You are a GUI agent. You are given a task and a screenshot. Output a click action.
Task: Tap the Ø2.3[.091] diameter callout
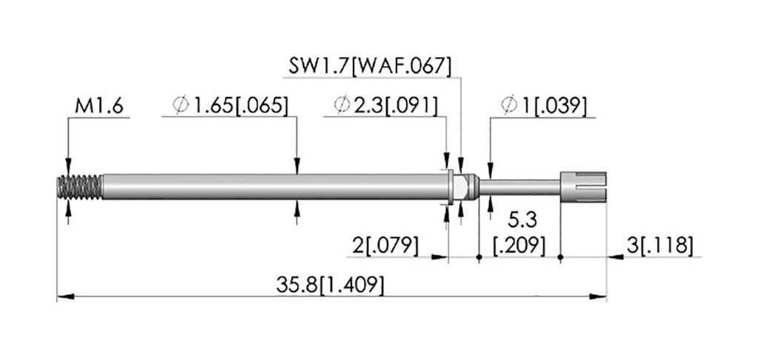click(385, 105)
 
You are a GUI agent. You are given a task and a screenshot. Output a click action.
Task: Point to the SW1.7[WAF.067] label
click(370, 66)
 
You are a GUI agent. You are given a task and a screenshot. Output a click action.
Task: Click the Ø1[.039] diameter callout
click(543, 105)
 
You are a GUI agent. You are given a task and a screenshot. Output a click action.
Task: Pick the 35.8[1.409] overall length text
click(330, 285)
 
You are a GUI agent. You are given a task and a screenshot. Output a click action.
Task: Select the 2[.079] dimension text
click(385, 246)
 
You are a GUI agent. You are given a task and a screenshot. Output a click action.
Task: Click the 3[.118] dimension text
click(660, 246)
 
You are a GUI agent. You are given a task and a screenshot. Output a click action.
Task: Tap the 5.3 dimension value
click(523, 221)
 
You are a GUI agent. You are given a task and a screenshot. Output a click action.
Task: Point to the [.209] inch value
click(519, 246)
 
